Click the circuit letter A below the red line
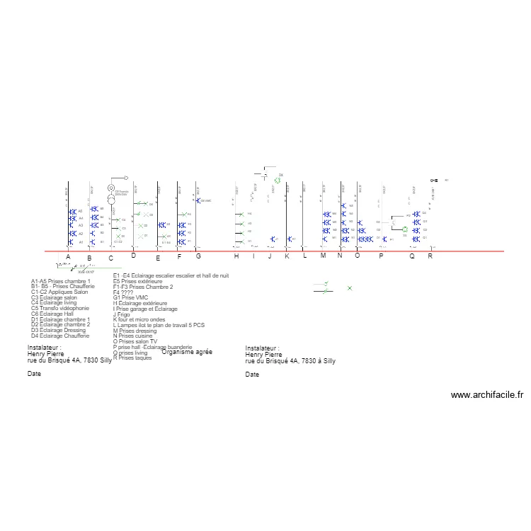pyautogui.click(x=68, y=256)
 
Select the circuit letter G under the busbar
pyautogui.click(x=198, y=256)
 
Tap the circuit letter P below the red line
pyautogui.click(x=381, y=257)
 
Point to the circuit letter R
pyautogui.click(x=430, y=256)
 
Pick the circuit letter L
pyautogui.click(x=305, y=256)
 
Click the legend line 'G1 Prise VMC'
pyautogui.click(x=132, y=297)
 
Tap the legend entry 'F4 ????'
pyautogui.click(x=123, y=292)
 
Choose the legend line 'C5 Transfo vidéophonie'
pyautogui.click(x=60, y=308)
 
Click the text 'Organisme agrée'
pyautogui.click(x=187, y=351)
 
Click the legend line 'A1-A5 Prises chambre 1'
pyautogui.click(x=61, y=281)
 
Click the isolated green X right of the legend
pyautogui.click(x=350, y=288)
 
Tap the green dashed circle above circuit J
pyautogui.click(x=278, y=181)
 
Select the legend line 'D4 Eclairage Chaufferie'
pyautogui.click(x=60, y=336)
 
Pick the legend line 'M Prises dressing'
pyautogui.click(x=135, y=331)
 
